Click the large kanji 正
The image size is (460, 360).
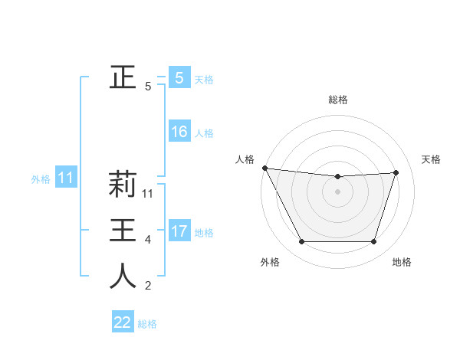[123, 77]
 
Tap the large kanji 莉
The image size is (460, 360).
[123, 184]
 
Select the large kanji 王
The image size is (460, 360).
[123, 231]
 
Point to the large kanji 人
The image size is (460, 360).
[123, 277]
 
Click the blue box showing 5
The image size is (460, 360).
[179, 77]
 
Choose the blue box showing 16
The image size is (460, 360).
[179, 132]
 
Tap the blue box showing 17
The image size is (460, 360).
[179, 231]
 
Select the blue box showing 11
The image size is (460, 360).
[66, 178]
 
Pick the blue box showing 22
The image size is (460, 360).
[123, 322]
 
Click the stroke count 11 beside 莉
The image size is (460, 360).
[149, 194]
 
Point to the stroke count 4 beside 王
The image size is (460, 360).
[148, 240]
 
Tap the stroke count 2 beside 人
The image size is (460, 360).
[148, 286]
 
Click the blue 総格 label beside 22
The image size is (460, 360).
[147, 324]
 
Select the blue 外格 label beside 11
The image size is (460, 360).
[41, 179]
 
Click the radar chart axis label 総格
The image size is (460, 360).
[338, 100]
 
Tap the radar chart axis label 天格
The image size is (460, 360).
[432, 159]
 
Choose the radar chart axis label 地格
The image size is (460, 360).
[402, 262]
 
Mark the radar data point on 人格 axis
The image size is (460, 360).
[264, 168]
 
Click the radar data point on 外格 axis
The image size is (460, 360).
[301, 242]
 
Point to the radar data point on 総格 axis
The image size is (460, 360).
[338, 177]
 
